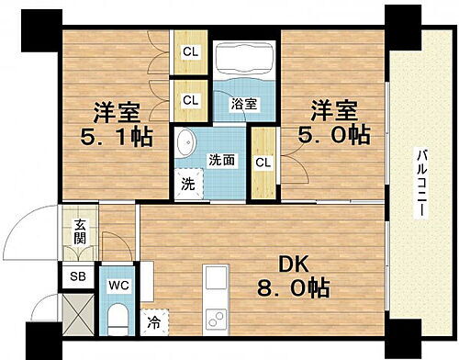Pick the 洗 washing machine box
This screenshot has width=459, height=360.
[x=187, y=182]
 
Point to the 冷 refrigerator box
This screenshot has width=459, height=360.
[x=153, y=322]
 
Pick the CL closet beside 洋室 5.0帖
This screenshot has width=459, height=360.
[x=263, y=163]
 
